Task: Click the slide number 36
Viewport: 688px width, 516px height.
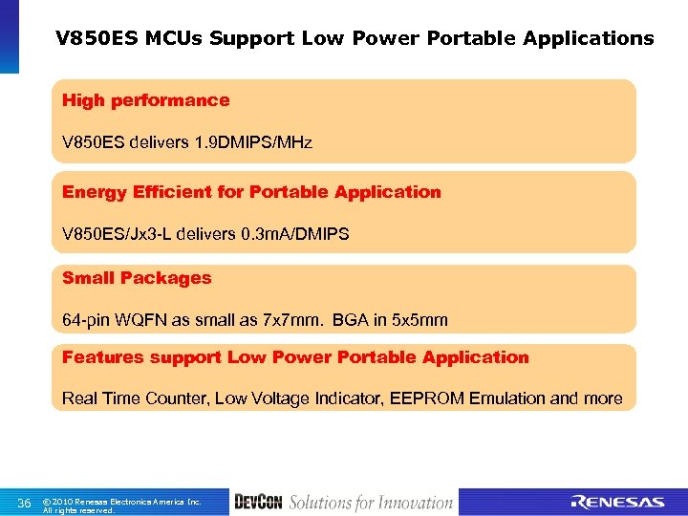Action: coord(25,503)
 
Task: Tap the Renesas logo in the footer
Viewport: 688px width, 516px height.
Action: coord(616,503)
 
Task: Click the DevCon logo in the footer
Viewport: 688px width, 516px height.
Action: coord(257,503)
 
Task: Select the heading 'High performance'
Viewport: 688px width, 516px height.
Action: coord(145,100)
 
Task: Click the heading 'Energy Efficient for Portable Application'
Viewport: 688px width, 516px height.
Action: coord(251,192)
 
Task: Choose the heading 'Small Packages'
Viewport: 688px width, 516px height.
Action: coord(137,278)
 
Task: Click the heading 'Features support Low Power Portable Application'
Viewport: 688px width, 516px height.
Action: coord(295,357)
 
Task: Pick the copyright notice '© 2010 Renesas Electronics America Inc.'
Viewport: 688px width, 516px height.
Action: coord(122,501)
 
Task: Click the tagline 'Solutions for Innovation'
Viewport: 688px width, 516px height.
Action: coord(371,503)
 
